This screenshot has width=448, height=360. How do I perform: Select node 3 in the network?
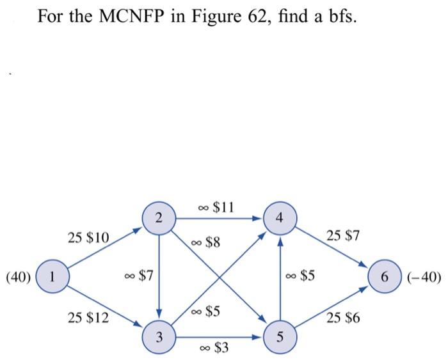click(x=159, y=336)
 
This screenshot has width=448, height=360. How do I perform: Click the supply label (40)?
click(x=18, y=278)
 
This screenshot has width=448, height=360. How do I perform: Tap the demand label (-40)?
click(x=422, y=278)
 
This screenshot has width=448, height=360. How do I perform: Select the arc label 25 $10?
click(x=88, y=238)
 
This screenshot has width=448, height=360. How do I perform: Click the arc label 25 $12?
click(x=88, y=316)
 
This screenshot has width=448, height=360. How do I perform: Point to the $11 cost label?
click(x=223, y=207)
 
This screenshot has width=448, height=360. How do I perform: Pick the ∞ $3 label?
click(x=213, y=348)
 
